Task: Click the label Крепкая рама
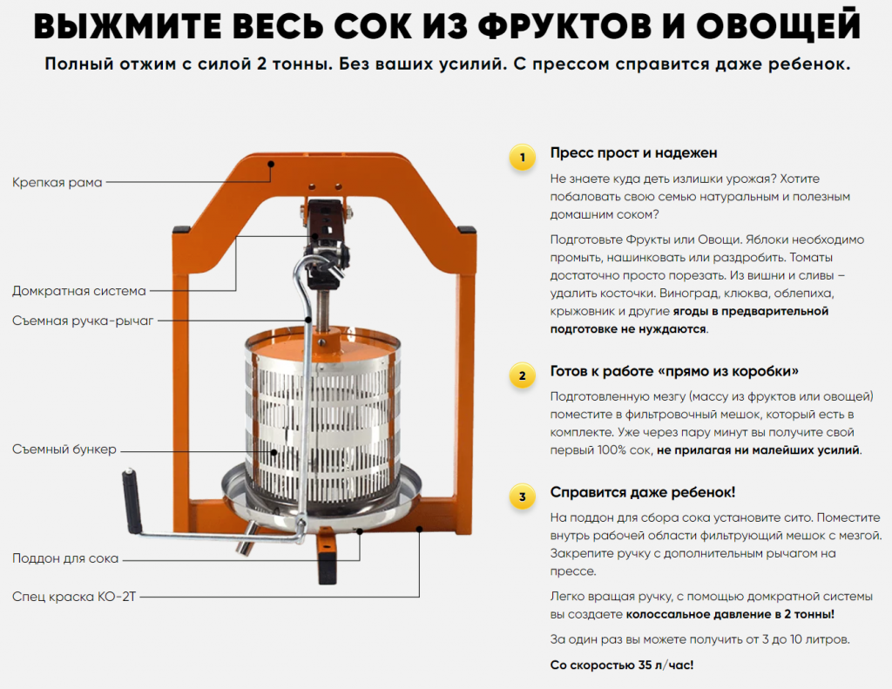coord(57,183)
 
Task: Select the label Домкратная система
coord(79,291)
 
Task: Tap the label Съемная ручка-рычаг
coord(83,321)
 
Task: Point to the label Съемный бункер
coord(64,449)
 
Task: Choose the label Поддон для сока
coord(65,558)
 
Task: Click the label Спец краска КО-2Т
coord(74,597)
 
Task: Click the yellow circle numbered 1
coord(523,157)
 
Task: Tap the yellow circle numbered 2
coord(523,375)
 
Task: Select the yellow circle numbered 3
coord(523,496)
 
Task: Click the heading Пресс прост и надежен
coord(633,153)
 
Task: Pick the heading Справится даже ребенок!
coord(642,493)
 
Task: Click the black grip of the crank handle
coord(132,501)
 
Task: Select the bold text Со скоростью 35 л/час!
coord(622,665)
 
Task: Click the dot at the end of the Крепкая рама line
coord(272,164)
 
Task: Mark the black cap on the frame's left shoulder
coord(181,229)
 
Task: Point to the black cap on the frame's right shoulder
coord(467,229)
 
